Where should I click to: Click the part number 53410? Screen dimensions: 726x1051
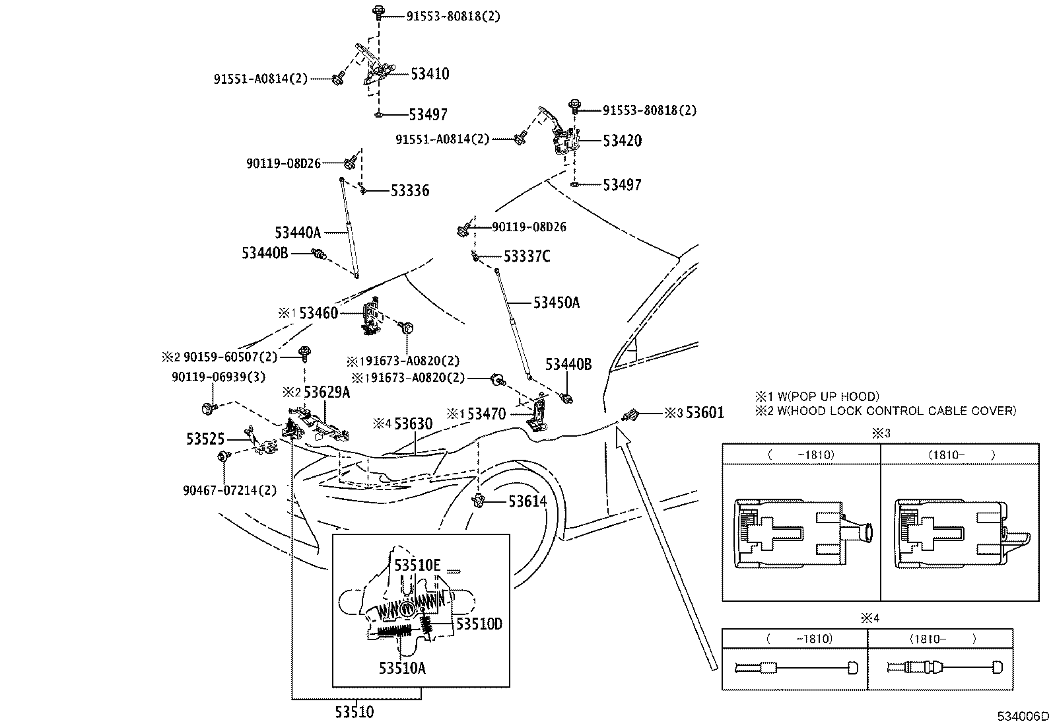tap(429, 73)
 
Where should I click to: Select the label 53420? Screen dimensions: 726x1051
tap(622, 140)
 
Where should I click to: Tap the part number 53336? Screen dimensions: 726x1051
tap(409, 191)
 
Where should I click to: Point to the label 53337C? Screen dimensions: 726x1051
tap(526, 256)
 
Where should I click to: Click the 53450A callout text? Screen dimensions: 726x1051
tap(556, 303)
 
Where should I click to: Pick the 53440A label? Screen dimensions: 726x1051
tap(297, 232)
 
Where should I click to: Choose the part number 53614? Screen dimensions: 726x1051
tap(527, 502)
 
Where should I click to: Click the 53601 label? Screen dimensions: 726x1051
tap(704, 413)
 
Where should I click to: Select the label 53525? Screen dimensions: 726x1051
tap(205, 439)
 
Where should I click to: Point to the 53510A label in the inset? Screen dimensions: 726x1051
tap(402, 668)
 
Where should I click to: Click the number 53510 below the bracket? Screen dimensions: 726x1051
tap(354, 712)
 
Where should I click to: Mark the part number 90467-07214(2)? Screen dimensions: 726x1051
tap(230, 490)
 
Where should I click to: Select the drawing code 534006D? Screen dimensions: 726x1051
tap(1023, 716)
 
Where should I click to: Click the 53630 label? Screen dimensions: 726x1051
tap(413, 423)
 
